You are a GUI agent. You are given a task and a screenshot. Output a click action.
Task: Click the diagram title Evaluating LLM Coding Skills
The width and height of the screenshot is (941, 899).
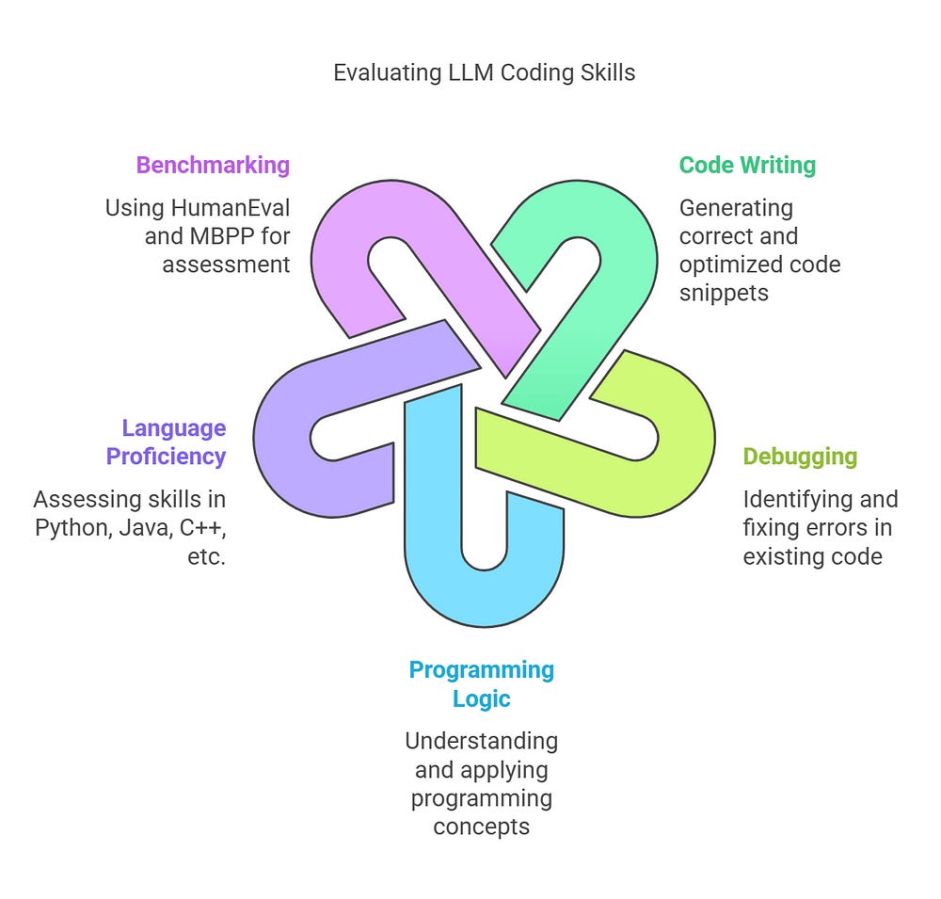click(x=484, y=72)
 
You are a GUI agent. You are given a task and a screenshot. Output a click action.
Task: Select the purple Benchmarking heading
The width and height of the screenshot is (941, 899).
click(x=213, y=166)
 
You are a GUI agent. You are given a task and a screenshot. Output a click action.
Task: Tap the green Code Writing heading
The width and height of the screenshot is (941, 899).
click(x=747, y=166)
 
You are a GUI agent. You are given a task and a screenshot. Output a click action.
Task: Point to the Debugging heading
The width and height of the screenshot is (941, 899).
click(x=800, y=458)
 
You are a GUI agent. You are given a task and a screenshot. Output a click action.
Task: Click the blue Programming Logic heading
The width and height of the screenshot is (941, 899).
click(x=481, y=684)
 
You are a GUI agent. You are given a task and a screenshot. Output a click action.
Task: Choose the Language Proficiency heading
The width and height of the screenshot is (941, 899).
click(x=167, y=442)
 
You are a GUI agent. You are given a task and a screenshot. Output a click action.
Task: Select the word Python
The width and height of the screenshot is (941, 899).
click(x=72, y=528)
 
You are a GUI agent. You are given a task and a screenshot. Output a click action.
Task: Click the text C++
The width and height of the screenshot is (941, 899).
click(x=202, y=528)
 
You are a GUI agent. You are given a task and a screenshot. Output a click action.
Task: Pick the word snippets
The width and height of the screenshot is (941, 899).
click(x=724, y=293)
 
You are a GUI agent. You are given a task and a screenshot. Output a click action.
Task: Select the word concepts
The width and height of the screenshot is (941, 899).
click(x=481, y=827)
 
